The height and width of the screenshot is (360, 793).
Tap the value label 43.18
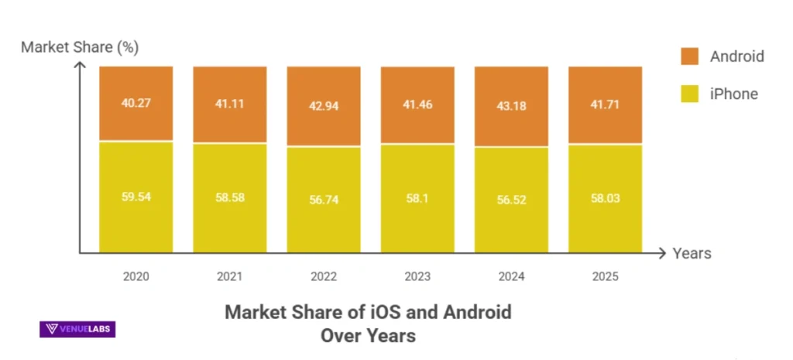511,105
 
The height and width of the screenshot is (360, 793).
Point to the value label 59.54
136,197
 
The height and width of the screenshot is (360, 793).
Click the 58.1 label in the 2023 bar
417,198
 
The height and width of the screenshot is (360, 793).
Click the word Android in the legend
736,56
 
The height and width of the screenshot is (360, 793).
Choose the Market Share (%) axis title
80,47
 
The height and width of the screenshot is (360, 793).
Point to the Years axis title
692,253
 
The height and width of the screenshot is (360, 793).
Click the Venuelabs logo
77,329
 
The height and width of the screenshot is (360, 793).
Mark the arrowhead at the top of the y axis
79,65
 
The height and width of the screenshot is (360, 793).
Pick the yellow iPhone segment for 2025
605,225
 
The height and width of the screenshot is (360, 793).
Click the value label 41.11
229,103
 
